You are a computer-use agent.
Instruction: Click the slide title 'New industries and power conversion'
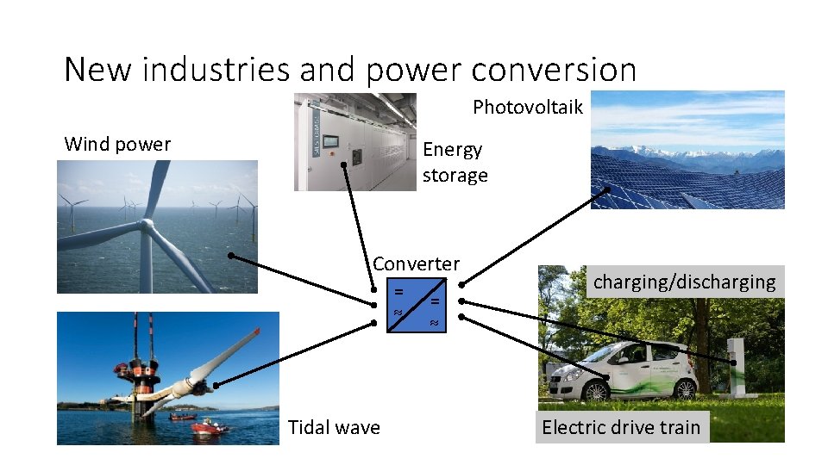350,70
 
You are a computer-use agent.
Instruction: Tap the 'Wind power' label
117,144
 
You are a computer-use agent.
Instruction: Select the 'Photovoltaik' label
528,108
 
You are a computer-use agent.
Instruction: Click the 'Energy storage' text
455,162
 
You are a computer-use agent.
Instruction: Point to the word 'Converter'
416,263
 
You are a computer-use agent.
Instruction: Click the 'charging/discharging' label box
685,282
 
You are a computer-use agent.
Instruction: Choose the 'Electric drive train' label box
621,427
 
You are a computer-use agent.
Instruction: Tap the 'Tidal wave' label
334,427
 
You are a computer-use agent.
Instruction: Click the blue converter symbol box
416,306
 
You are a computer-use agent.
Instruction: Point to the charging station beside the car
735,366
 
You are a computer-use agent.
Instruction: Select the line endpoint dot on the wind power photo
231,256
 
